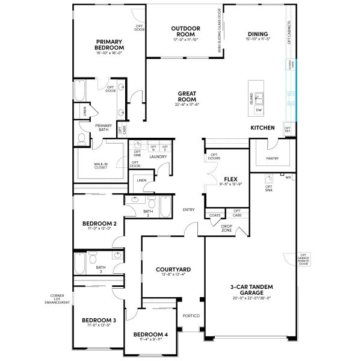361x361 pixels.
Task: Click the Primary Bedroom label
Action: pos(110,45)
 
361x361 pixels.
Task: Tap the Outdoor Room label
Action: pos(185,31)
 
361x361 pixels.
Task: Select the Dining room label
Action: pos(257,34)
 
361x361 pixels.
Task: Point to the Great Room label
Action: pos(188,96)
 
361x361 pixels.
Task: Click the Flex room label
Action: pos(229,179)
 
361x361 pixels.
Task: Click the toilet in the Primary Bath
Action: pos(82,138)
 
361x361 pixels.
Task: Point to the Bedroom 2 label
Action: pos(99,223)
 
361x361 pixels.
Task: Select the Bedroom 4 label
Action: pos(150,334)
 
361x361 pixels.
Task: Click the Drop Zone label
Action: pos(227,228)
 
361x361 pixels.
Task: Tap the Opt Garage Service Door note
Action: pos(304,259)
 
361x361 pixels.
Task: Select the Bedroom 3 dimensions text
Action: pos(100,326)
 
